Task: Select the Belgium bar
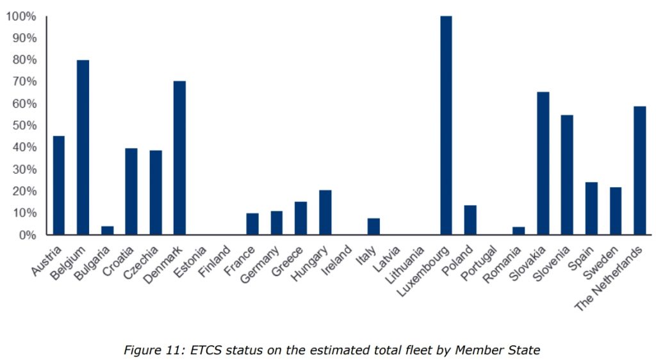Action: pyautogui.click(x=83, y=147)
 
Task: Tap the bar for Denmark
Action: pyautogui.click(x=179, y=158)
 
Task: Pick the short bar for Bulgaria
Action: pyautogui.click(x=107, y=231)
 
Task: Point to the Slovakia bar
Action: pyautogui.click(x=543, y=163)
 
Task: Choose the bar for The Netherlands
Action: pyautogui.click(x=639, y=170)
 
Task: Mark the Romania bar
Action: pyautogui.click(x=518, y=231)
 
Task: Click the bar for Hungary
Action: pyautogui.click(x=325, y=213)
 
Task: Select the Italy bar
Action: pyautogui.click(x=373, y=227)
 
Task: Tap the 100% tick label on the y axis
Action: pyautogui.click(x=21, y=16)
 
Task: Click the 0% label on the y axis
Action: pyautogui.click(x=26, y=235)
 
